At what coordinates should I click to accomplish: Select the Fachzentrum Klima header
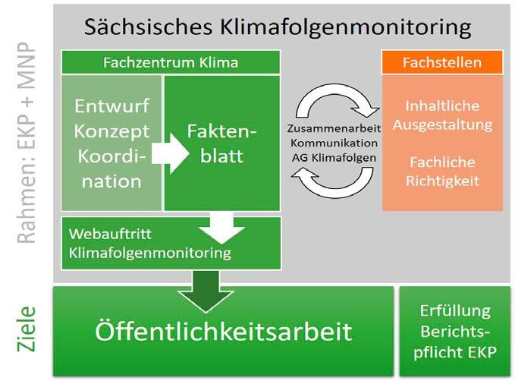click(x=170, y=61)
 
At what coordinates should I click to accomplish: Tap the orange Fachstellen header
click(x=441, y=61)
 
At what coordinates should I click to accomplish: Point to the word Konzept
click(x=112, y=131)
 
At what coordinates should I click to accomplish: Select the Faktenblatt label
click(x=222, y=144)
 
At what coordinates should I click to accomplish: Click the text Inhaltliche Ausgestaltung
click(x=441, y=114)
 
